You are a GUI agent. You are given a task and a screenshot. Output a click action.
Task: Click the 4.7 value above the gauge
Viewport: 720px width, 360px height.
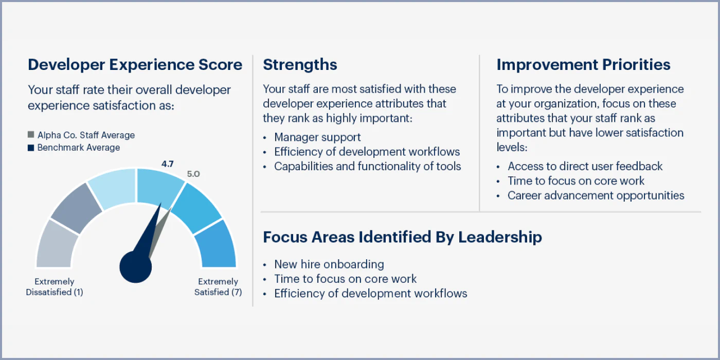168,164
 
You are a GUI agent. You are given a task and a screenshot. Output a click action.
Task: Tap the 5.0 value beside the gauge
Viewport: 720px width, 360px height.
193,174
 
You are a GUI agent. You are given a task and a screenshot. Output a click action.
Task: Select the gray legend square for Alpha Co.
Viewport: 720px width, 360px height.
31,135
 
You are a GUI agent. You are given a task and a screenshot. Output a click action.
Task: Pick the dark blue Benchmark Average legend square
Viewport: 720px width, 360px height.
31,148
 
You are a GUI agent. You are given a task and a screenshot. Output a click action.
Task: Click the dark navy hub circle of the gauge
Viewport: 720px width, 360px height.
136,267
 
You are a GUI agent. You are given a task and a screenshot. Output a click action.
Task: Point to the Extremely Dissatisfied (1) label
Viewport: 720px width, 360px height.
55,287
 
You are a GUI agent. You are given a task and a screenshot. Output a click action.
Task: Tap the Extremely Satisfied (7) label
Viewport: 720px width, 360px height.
218,287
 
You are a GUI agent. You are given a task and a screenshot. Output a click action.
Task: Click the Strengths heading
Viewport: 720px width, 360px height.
300,65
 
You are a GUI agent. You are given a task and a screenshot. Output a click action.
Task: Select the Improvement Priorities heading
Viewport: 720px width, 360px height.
583,65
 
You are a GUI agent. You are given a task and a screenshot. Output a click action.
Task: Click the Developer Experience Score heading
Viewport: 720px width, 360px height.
135,65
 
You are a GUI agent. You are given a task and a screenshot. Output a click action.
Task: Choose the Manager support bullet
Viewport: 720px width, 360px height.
317,137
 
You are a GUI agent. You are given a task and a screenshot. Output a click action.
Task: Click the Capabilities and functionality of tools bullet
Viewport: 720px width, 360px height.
367,167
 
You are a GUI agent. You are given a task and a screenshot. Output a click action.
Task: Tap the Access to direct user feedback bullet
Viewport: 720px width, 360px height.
585,166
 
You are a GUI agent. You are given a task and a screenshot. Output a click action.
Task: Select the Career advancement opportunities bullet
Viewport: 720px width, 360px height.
596,195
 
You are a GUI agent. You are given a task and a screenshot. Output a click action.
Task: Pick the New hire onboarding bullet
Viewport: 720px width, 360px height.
329,264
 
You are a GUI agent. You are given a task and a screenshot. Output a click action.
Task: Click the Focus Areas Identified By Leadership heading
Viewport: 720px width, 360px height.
402,237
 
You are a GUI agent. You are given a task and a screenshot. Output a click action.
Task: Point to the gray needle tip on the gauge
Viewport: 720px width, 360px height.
171,208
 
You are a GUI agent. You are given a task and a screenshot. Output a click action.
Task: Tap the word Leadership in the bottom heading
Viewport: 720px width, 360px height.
500,237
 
